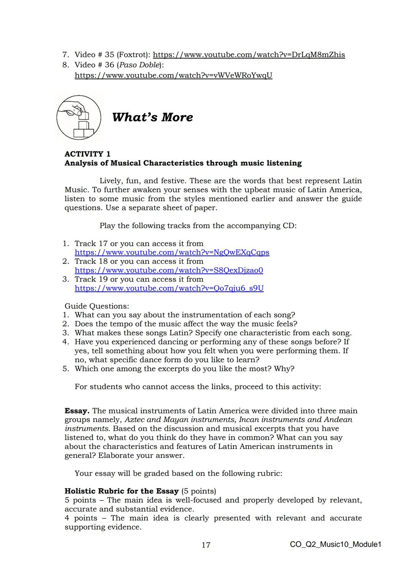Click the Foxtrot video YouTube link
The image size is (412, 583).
click(249, 55)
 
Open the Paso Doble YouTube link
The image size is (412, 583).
click(173, 75)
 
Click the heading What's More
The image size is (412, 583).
click(152, 117)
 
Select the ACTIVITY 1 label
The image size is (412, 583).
click(87, 154)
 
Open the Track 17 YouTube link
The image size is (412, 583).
click(172, 252)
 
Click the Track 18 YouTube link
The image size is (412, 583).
click(169, 270)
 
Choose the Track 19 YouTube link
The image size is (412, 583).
click(169, 288)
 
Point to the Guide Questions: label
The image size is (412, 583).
click(97, 306)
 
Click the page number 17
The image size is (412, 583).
click(206, 545)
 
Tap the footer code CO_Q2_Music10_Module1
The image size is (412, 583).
click(335, 544)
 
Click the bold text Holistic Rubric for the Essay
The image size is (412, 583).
click(121, 491)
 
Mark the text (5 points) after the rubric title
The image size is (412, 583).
click(198, 491)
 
